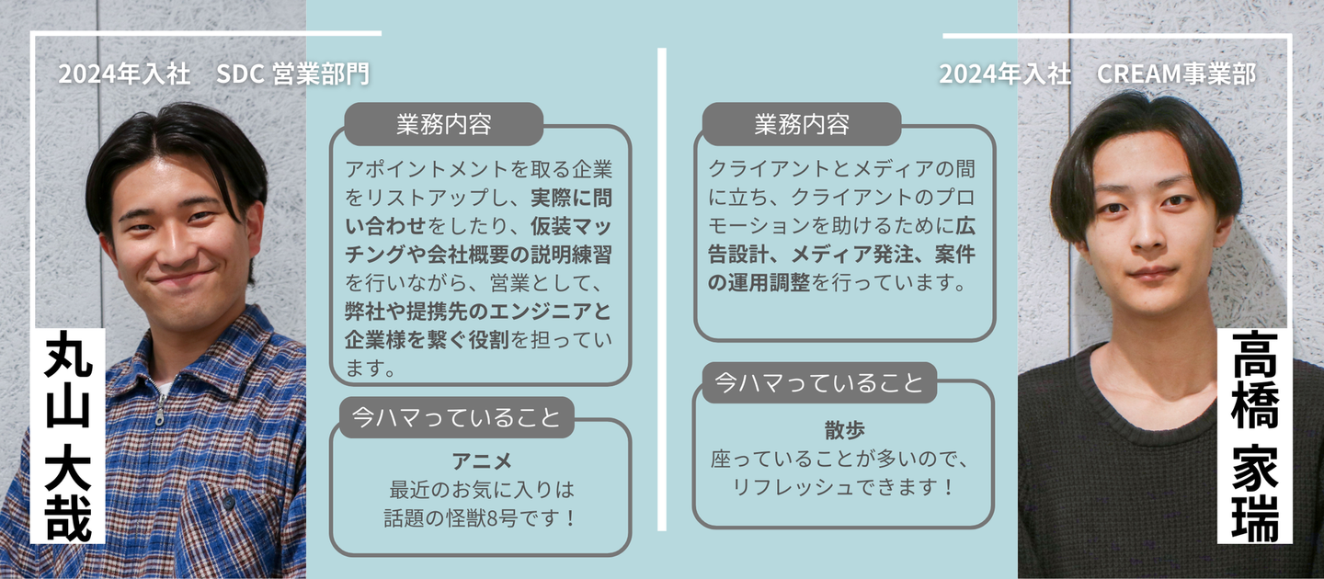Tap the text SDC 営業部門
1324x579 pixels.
tap(292, 74)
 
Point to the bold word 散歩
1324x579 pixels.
tap(844, 430)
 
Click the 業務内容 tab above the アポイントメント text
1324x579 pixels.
tap(443, 124)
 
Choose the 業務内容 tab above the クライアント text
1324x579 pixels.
tap(801, 124)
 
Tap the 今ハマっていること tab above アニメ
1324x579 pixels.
tap(456, 418)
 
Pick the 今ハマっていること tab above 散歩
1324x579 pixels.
tap(817, 383)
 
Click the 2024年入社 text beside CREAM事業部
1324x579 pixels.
tap(1005, 74)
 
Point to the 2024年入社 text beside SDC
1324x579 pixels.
tap(124, 74)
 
